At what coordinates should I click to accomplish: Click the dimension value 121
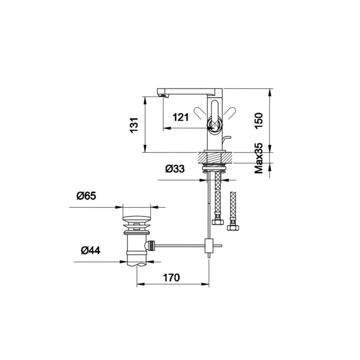click(180, 117)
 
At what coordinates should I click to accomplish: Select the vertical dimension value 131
click(134, 124)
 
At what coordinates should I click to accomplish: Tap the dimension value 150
click(258, 121)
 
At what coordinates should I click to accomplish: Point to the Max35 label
click(259, 158)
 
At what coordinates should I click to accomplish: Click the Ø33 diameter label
click(174, 169)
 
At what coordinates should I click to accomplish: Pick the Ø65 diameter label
click(86, 196)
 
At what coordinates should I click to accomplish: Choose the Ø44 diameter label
click(90, 250)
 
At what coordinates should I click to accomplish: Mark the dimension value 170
click(171, 277)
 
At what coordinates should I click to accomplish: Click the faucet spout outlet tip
click(161, 95)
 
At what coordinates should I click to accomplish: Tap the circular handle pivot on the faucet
click(215, 125)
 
